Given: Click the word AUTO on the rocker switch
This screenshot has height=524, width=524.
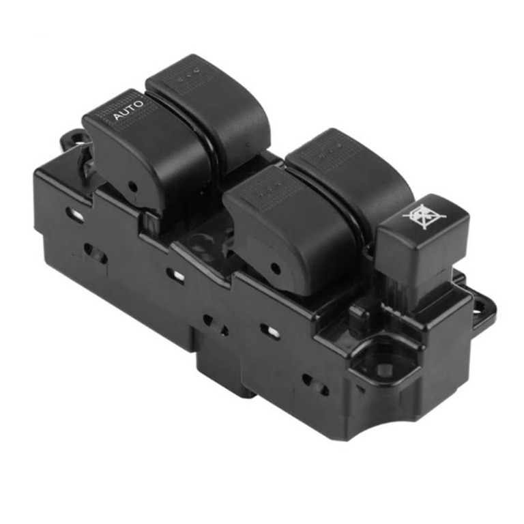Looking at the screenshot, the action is (128, 110).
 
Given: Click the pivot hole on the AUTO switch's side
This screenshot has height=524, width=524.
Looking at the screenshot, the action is (133, 186).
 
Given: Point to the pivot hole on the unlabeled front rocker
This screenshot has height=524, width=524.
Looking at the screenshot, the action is (275, 268).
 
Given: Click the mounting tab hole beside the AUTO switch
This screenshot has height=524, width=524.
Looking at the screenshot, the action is (78, 137).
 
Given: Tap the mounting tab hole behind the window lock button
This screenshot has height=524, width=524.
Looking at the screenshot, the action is (480, 305).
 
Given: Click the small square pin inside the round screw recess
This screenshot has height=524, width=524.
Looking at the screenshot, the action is (384, 368).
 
